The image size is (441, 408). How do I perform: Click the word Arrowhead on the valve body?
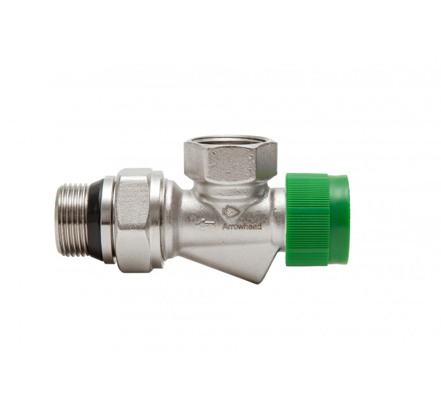tap(242, 226)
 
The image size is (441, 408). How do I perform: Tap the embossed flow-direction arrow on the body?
tap(206, 225)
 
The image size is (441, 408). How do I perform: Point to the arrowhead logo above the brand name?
tap(231, 212)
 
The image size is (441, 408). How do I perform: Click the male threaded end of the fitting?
tap(74, 220)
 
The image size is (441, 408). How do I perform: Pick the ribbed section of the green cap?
tap(307, 220)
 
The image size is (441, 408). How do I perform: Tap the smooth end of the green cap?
tap(339, 220)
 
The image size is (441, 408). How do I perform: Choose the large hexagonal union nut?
tap(134, 220)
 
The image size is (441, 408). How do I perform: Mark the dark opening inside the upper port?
tap(231, 139)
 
